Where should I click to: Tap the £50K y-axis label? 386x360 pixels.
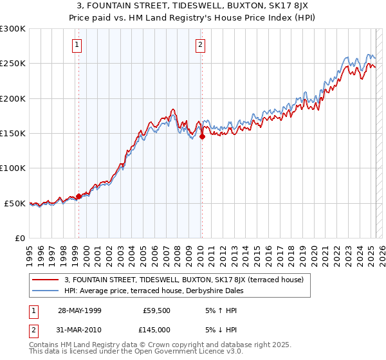pos(15,203)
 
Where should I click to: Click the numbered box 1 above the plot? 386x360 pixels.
pos(77,45)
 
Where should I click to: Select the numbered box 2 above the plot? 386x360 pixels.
pos(201,45)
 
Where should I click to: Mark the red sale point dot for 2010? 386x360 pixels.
pos(202,137)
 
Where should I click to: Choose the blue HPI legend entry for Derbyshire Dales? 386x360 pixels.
pos(167,290)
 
